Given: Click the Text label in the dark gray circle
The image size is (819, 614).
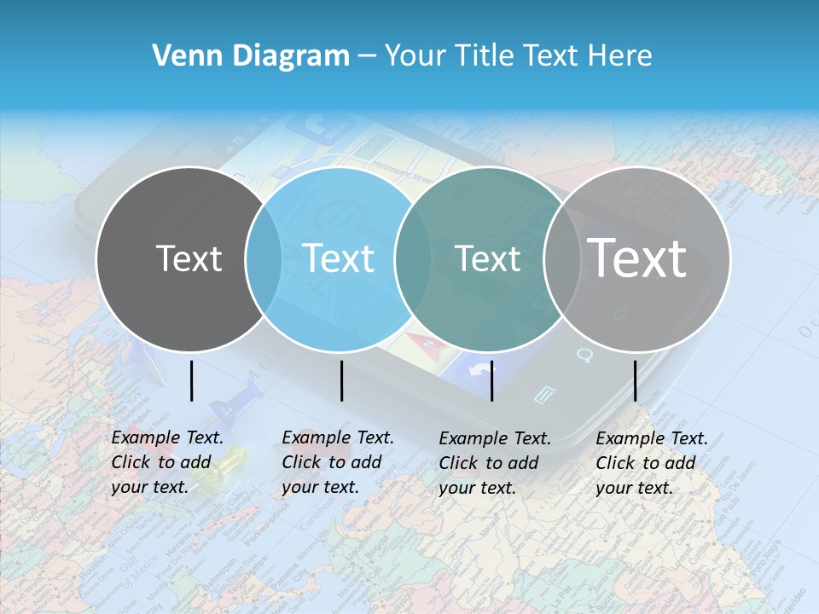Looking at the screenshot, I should (189, 258).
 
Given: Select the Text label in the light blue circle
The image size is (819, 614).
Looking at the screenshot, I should (338, 258).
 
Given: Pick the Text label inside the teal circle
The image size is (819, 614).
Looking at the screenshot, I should (487, 258).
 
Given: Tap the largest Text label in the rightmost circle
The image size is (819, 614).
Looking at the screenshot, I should (637, 258).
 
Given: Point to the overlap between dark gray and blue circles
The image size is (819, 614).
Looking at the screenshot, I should (264, 258).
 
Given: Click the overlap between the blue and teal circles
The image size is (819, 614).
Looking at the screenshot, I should (413, 258).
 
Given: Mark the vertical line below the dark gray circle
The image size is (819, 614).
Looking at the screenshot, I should (192, 380).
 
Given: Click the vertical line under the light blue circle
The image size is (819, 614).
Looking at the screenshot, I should (341, 380).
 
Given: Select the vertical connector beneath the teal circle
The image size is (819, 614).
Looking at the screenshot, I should (492, 380).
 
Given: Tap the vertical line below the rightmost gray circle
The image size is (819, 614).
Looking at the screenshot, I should (636, 380).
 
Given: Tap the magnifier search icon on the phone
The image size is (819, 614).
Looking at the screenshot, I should (584, 354).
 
